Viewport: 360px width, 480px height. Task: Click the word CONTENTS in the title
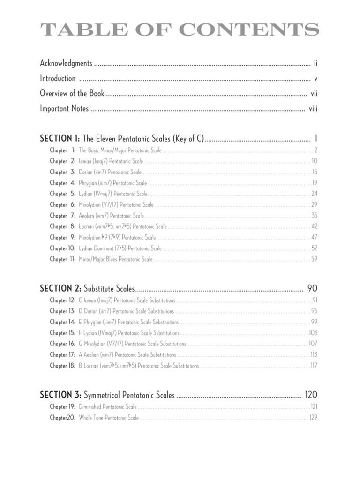coord(249,30)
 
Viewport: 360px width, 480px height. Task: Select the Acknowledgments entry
coord(66,63)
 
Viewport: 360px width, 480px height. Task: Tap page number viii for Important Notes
coord(313,109)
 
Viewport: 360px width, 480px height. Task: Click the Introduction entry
coord(58,78)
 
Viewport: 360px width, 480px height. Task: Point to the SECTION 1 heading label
coord(60,139)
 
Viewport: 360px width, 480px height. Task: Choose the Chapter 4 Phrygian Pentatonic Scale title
coord(112,183)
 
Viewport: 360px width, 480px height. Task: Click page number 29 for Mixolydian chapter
coord(314,204)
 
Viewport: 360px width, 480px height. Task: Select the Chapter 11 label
coord(62,259)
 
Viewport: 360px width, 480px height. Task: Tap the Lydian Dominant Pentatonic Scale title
coord(120,248)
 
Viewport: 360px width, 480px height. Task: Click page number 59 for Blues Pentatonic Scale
coord(314,259)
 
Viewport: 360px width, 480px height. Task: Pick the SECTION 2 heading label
coord(60,288)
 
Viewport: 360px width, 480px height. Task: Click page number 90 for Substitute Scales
coord(312,288)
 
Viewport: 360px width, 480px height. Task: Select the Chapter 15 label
coord(62,333)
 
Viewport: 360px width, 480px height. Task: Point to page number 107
coord(313,344)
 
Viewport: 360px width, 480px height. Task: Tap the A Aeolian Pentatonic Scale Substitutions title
coord(127,355)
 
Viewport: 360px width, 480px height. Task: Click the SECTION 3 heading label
coord(60,395)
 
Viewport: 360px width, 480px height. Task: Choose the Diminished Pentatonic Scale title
coord(108,406)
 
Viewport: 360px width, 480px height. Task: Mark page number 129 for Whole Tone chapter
coord(313,417)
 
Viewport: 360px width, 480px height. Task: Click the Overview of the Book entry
coord(72,93)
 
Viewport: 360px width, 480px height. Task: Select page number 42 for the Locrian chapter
coord(314,226)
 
